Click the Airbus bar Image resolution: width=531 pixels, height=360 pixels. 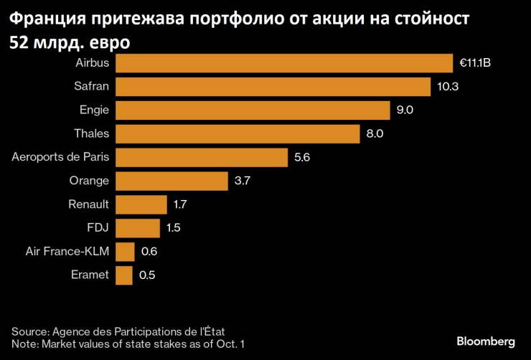coord(284,63)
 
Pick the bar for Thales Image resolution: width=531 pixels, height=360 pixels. coord(238,134)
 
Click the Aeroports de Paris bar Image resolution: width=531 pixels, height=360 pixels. coord(201,158)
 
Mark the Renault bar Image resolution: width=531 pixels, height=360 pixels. coord(141,205)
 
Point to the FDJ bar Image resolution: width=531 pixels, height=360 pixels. coord(138,228)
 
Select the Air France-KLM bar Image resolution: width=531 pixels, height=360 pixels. coord(125,252)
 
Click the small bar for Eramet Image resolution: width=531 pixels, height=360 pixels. coord(124,275)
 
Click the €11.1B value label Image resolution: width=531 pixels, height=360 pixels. coord(475,63)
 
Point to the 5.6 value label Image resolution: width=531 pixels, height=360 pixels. coord(302,158)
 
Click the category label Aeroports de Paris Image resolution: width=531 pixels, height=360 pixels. coord(61,158)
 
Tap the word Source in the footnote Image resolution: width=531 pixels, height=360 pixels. coord(29,331)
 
